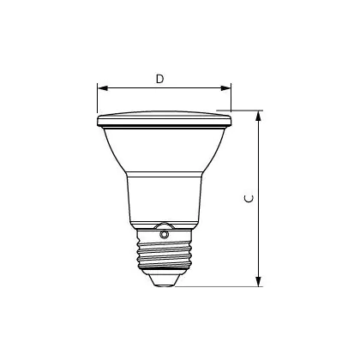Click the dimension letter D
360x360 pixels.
coord(160,79)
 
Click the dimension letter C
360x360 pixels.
coord(249,199)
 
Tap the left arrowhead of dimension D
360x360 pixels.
coord(103,88)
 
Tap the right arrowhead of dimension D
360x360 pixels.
coord(225,88)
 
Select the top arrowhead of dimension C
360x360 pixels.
coord(259,116)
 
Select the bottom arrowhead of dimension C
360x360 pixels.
coord(259,281)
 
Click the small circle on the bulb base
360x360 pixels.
coord(164,235)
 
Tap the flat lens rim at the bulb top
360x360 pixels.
coord(165,119)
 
